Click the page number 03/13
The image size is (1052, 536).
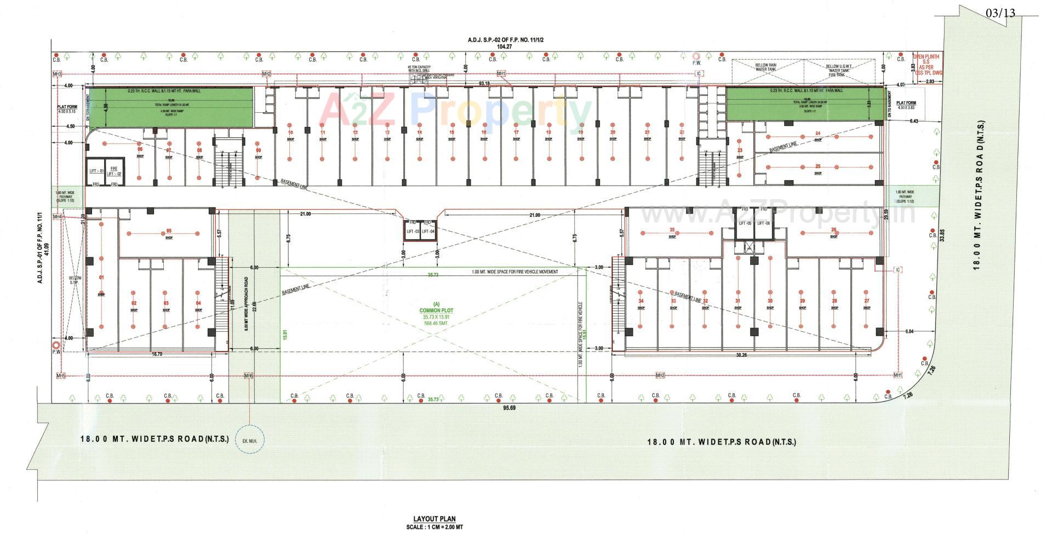[x=1000, y=13]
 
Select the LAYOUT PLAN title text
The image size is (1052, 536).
[x=434, y=519]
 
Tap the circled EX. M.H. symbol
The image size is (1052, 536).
[x=250, y=441]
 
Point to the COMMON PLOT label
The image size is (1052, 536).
[x=437, y=310]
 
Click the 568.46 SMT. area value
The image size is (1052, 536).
[x=437, y=324]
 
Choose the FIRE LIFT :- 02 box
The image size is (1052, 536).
[x=113, y=170]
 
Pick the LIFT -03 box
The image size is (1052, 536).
[x=413, y=232]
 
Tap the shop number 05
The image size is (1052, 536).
[x=169, y=231]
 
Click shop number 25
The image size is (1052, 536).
[x=817, y=166]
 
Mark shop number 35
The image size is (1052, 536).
[x=672, y=230]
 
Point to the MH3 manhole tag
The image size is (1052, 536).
[x=57, y=74]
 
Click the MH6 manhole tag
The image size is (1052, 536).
[x=248, y=376]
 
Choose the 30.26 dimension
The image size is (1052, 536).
[x=741, y=355]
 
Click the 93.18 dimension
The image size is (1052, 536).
[x=484, y=83]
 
